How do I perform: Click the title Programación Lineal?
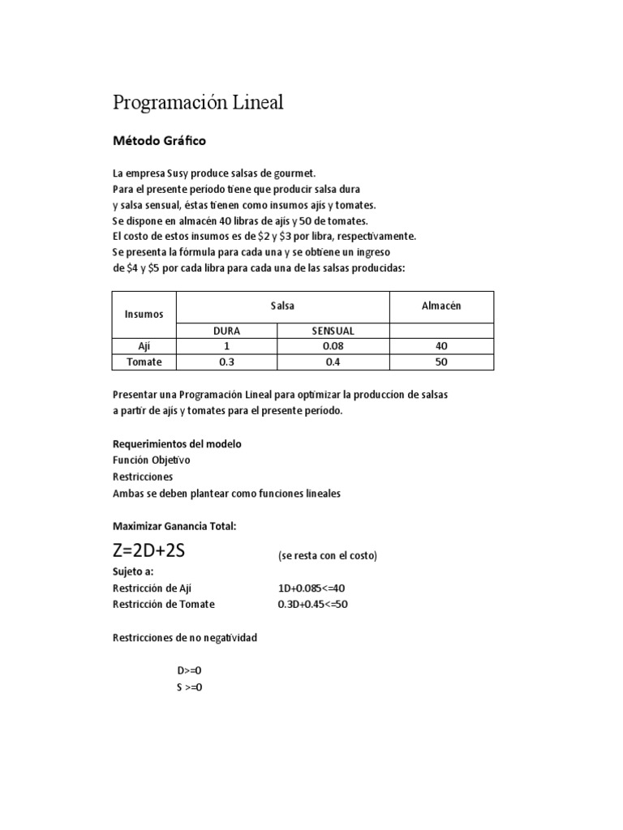tap(198, 103)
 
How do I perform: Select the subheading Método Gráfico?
tap(159, 141)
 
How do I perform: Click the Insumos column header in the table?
tap(144, 314)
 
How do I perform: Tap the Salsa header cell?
tap(282, 306)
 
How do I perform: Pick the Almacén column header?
tap(440, 306)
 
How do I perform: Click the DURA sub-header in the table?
tap(226, 331)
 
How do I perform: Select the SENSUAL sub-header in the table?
tap(333, 331)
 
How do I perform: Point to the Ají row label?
tap(144, 346)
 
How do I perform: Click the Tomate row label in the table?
tap(144, 362)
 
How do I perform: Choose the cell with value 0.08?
tap(333, 346)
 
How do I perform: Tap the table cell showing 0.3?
tap(226, 362)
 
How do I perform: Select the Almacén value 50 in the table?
tap(440, 362)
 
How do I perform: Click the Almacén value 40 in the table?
tap(440, 346)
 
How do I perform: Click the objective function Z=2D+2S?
tap(149, 552)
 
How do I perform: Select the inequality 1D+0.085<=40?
tap(316, 588)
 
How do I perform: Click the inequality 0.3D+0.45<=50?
tap(312, 605)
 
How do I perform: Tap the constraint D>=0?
tap(189, 671)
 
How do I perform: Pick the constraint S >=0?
tap(189, 687)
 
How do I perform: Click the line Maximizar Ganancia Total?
tap(174, 526)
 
